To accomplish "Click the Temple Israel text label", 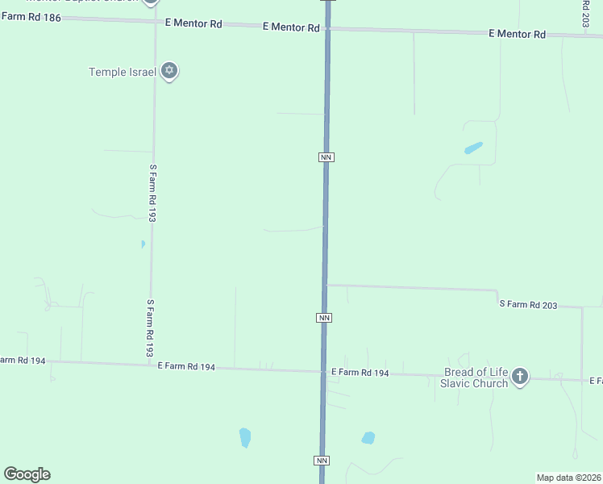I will coord(122,72).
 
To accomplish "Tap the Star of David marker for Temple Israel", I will coord(169,71).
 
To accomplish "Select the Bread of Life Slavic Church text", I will coord(476,378).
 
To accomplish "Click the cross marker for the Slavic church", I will coord(520,376).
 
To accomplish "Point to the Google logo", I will coord(27,474).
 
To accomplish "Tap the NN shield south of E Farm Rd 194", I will coord(322,461).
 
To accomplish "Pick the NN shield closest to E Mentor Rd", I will coord(326,156).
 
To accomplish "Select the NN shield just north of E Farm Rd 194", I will coord(324,318).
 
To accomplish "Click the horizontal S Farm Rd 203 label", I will coord(528,304).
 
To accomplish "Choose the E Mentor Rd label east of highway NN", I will coord(518,34).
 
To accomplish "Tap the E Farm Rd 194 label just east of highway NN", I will coord(360,373).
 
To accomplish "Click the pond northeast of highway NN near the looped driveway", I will coord(473,148).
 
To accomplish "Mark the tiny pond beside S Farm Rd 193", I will coord(143,244).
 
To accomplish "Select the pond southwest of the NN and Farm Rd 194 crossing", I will coord(245,437).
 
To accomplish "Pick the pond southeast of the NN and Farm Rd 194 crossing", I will coord(368,438).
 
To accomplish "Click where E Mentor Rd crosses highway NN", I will coord(327,28).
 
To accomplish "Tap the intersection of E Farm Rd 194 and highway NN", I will coord(324,372).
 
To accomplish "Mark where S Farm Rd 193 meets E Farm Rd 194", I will coord(151,365).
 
